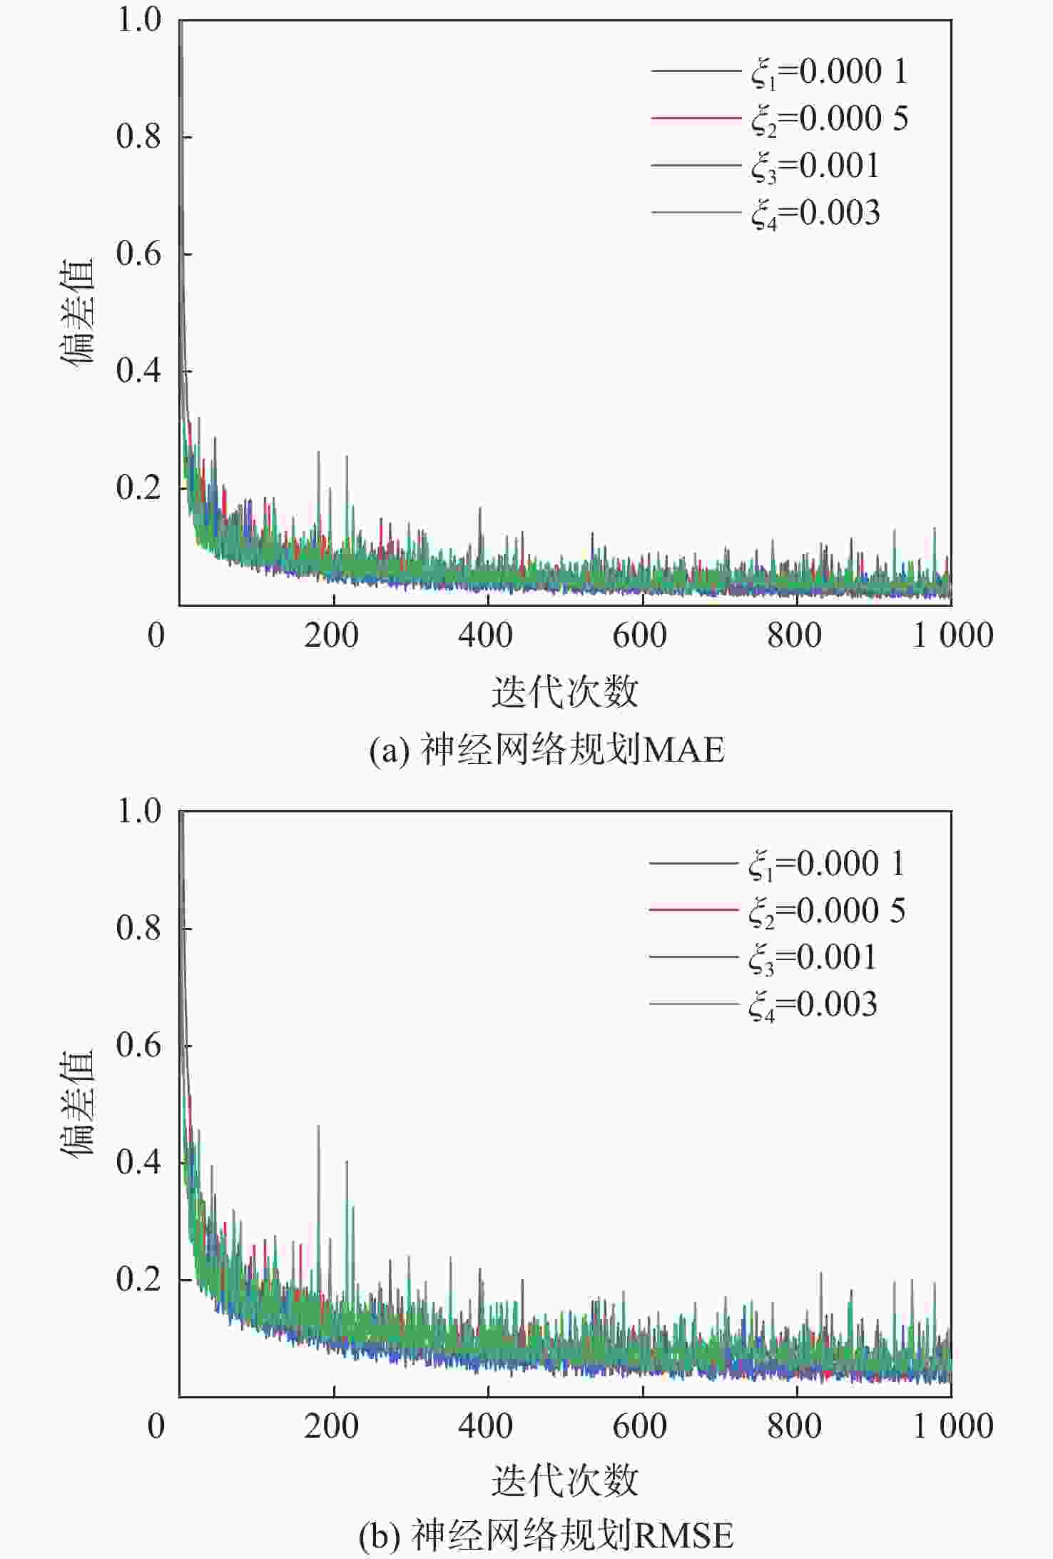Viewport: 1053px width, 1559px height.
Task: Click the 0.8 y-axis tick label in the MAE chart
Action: [139, 136]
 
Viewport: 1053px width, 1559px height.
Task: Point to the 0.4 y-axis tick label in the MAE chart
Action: [139, 370]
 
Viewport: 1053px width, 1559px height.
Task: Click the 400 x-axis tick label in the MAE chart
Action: [486, 635]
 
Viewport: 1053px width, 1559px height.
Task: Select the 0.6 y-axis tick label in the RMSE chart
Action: [139, 1046]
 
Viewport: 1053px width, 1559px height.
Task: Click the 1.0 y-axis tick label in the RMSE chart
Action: [139, 812]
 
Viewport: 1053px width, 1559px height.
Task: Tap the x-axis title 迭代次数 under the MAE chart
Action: [564, 691]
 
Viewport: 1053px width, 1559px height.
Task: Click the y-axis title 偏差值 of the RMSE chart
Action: [77, 1103]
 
